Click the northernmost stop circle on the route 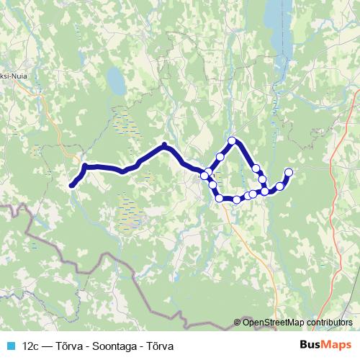click(232, 140)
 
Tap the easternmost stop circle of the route click(289, 171)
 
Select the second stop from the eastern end click(280, 186)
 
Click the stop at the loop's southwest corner click(219, 198)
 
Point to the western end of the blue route click(72, 186)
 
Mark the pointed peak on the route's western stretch click(165, 145)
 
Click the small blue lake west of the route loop click(114, 76)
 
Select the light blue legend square click(10, 346)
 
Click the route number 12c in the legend click(31, 346)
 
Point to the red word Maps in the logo click(335, 345)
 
